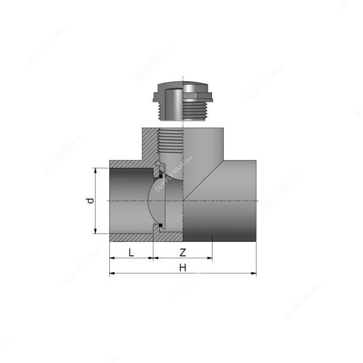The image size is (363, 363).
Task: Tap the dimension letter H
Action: [x=183, y=267]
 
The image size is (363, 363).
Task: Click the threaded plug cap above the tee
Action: [x=183, y=93]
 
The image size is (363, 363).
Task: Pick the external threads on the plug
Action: [x=197, y=110]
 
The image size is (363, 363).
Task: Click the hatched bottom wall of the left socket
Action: [x=131, y=238]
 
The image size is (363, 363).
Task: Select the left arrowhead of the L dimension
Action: [x=112, y=259]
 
